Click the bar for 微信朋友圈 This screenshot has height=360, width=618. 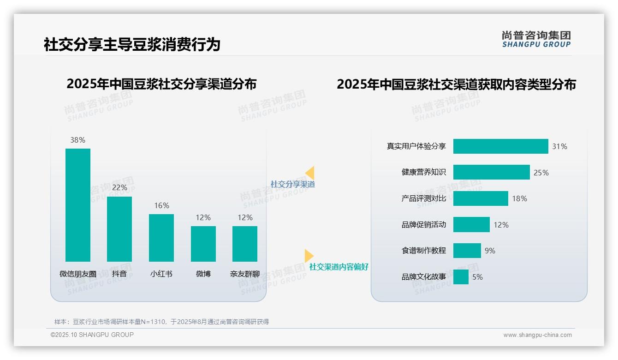click(78, 205)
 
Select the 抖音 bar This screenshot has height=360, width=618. click(119, 229)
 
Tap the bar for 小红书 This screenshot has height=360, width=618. click(161, 238)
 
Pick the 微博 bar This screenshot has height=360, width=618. click(203, 244)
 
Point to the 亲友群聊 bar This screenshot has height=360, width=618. click(245, 244)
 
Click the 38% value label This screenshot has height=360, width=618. click(77, 140)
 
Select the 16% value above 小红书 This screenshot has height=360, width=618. click(161, 205)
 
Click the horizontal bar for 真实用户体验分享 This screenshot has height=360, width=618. click(500, 146)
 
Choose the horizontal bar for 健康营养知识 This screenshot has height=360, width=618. click(491, 172)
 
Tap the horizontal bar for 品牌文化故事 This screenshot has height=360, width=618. click(461, 277)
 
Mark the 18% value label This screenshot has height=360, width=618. click(519, 198)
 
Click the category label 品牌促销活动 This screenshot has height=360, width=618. click(423, 225)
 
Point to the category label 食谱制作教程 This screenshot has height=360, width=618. click(423, 251)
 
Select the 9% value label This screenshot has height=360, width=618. click(490, 251)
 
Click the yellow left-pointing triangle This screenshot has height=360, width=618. click(310, 173)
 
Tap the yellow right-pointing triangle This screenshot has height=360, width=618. click(309, 256)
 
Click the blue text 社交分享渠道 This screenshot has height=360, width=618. click(292, 184)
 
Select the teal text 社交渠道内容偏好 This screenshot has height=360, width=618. click(339, 267)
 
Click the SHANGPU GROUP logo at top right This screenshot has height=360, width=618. click(536, 39)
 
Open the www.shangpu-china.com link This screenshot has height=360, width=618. click(537, 335)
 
